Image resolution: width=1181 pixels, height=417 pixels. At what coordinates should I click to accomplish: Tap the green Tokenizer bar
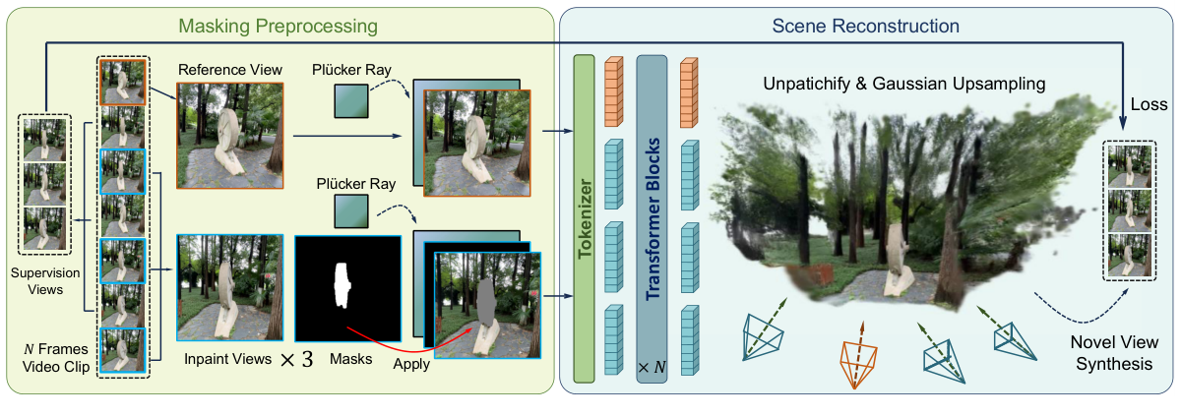(584, 216)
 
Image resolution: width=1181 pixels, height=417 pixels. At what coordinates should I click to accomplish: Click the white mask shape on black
(343, 285)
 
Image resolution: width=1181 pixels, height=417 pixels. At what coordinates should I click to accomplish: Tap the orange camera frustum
(860, 359)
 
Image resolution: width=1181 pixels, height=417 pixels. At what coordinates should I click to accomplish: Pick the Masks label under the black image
(352, 359)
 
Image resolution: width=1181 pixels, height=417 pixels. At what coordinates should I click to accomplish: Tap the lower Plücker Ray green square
(350, 209)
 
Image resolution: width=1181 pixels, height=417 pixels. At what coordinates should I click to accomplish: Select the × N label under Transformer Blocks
(651, 367)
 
